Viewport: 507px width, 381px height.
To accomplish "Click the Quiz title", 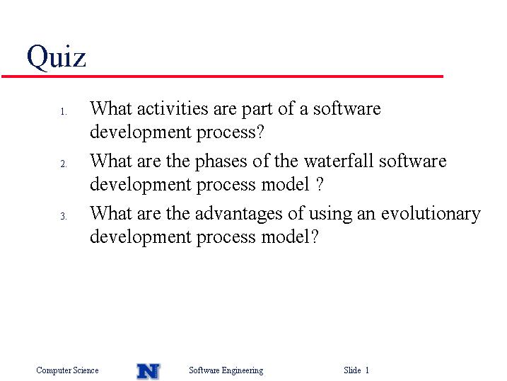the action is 57,57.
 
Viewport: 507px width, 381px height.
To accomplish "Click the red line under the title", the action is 222,76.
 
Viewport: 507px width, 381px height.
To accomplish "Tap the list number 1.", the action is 64,112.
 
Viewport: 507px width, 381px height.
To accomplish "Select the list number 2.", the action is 64,164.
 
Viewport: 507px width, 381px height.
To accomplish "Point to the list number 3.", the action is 64,216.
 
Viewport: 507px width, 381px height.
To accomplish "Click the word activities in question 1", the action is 173,108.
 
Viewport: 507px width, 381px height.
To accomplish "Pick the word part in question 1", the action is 257,110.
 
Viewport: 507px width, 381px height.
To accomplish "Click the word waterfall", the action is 339,161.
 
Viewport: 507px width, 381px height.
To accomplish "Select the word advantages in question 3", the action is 239,215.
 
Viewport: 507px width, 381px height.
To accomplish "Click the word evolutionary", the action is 431,215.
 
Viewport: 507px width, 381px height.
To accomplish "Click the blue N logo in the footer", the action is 148,371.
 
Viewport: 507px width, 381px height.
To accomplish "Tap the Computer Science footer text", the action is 67,370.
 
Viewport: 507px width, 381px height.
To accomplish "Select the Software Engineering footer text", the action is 226,370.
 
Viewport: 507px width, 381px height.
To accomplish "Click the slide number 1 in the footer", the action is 367,370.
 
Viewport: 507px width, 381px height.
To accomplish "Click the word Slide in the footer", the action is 352,370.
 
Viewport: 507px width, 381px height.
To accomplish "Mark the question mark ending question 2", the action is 320,184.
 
